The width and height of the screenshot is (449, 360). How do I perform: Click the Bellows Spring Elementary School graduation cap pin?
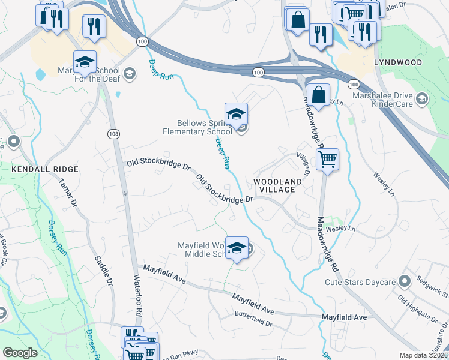pos(236,114)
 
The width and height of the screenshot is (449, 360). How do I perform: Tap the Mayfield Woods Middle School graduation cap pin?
pos(237,248)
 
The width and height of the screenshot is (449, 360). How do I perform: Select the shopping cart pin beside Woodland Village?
pos(327,160)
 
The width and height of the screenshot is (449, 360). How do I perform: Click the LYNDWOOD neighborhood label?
pos(397,62)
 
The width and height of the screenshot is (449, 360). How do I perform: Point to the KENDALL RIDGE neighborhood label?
pos(37,170)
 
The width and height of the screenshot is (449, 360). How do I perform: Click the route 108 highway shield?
pos(113,133)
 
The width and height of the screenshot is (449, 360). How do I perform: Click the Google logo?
pos(20,353)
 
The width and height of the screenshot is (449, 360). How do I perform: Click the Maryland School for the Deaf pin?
pos(85,63)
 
